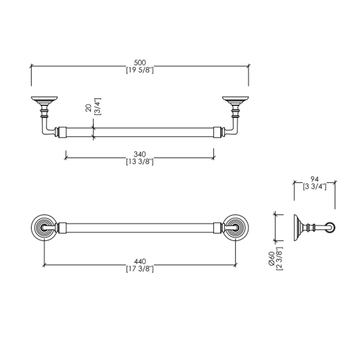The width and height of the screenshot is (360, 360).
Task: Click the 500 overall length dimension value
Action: point(140,63)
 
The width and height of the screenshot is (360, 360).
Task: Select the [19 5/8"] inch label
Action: point(140,70)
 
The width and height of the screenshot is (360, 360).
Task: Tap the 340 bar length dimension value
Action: point(140,154)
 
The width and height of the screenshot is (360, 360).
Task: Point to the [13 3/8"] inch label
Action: point(140,161)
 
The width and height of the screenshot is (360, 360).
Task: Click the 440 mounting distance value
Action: point(140,261)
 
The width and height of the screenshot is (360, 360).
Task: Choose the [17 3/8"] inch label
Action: point(140,269)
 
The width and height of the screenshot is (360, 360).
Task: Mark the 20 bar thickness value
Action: point(88,107)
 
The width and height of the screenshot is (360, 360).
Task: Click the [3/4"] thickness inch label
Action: point(97,106)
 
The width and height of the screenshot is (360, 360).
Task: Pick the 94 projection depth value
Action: point(315,179)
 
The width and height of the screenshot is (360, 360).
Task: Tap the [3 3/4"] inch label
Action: point(315,186)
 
